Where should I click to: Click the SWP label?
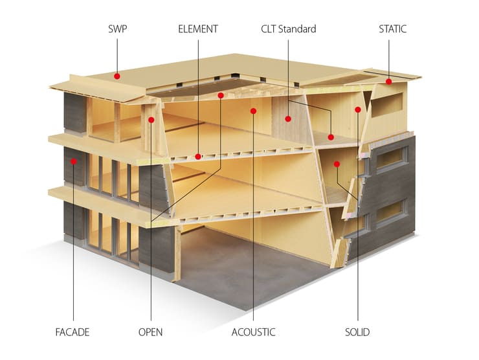click(x=117, y=29)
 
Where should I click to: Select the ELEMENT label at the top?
click(x=198, y=29)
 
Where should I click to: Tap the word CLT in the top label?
click(x=268, y=29)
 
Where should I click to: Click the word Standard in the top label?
click(x=297, y=29)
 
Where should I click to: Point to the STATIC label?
click(x=392, y=29)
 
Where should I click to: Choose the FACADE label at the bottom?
click(x=72, y=332)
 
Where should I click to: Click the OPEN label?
click(x=150, y=332)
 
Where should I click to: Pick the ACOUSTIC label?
click(x=253, y=332)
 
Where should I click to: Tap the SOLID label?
click(x=357, y=332)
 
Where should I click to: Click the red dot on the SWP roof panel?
click(x=117, y=76)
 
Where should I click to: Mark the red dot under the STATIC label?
click(x=388, y=82)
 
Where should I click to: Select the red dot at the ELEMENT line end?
click(x=198, y=157)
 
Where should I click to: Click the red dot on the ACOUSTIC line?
click(x=253, y=111)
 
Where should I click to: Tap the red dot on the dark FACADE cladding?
click(x=74, y=161)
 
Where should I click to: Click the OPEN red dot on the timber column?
click(x=151, y=120)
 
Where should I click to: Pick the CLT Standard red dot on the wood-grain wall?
click(x=288, y=119)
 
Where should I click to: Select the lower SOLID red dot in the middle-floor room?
click(x=337, y=164)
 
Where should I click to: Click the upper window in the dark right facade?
click(x=392, y=160)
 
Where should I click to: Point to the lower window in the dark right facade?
click(x=392, y=212)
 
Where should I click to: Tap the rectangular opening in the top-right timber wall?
click(x=387, y=105)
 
